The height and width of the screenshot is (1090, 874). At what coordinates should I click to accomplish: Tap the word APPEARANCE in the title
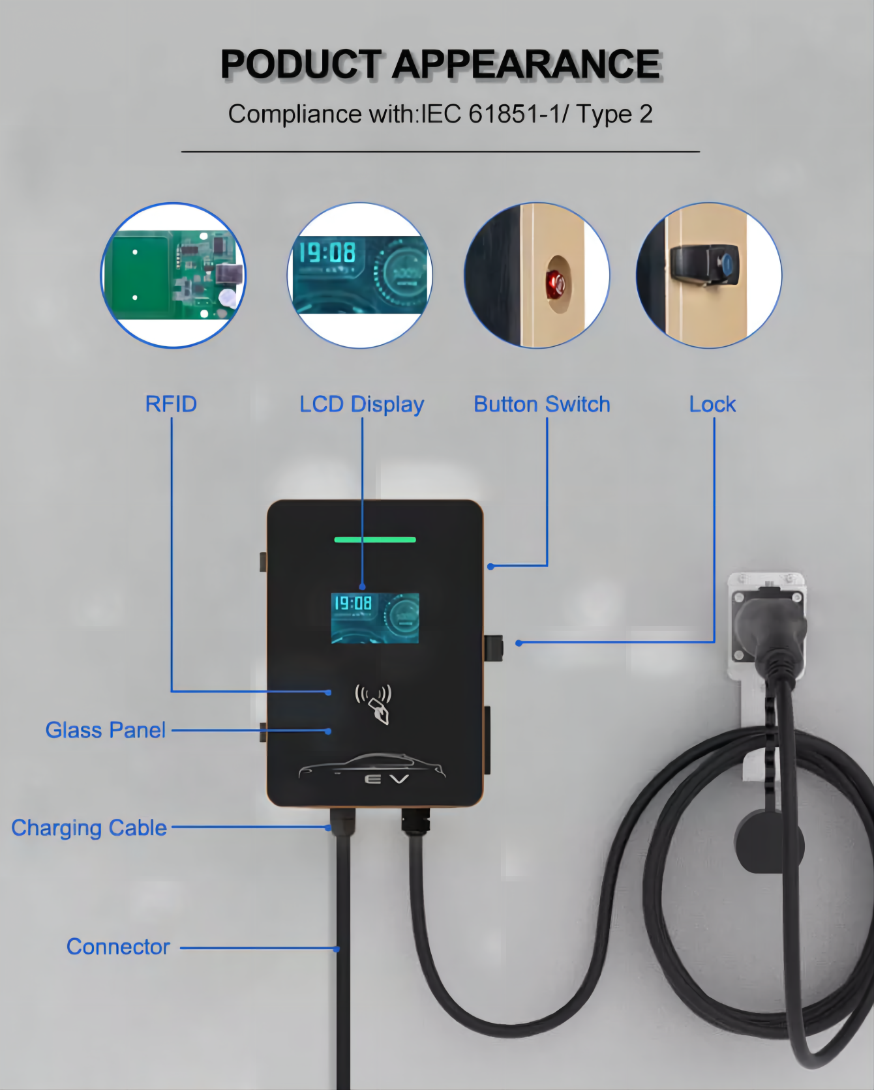pos(527,65)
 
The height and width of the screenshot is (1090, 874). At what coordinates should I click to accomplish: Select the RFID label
pos(171,404)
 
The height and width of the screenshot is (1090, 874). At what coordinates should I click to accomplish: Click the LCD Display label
pos(362,405)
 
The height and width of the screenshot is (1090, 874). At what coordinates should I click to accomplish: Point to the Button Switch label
pos(542,404)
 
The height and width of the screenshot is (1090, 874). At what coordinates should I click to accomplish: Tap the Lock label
pos(713,404)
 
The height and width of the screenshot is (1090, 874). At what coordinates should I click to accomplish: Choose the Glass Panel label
pos(106,730)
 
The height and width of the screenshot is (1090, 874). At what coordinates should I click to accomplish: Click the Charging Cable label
pos(89,828)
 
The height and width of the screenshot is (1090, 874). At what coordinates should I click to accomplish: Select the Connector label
pos(118,947)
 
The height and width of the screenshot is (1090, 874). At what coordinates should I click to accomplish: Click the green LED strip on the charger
pos(375,540)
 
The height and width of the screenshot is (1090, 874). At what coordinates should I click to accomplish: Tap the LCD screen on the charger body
pos(375,618)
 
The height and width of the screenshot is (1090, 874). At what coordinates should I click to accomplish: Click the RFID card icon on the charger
pos(374,704)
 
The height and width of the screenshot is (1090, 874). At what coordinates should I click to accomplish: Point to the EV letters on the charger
pos(387,778)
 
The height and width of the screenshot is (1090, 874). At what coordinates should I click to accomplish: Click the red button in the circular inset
pos(556,282)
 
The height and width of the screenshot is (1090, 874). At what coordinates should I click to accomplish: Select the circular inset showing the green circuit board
pos(173,275)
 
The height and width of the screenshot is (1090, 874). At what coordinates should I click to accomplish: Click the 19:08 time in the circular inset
pos(327,252)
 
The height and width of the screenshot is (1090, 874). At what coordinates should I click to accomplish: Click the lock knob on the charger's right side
pos(494,647)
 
